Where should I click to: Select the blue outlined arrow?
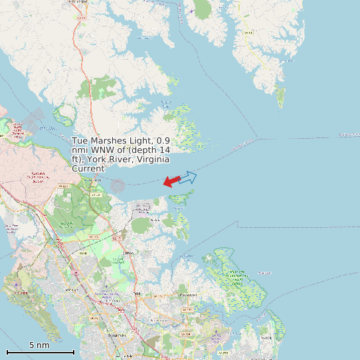(189, 177)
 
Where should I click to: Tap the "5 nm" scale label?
(39, 345)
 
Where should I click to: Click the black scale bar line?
(40, 352)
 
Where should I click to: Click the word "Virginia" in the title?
(151, 159)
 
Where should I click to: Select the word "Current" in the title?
(89, 169)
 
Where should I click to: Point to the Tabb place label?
(137, 293)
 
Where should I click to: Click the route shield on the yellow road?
(248, 32)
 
